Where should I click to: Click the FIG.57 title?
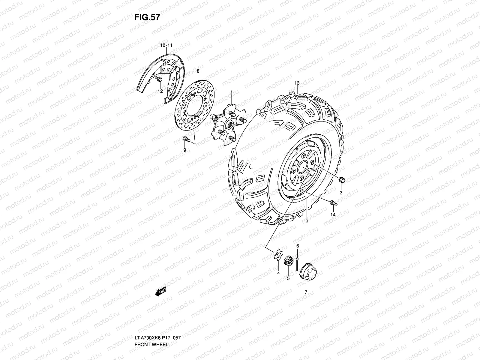[147, 17]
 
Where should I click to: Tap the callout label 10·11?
[166, 46]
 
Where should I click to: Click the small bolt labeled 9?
[185, 139]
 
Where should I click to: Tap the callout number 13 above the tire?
[297, 83]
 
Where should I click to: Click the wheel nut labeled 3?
[341, 180]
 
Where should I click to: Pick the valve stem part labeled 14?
[333, 203]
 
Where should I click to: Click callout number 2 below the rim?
[307, 221]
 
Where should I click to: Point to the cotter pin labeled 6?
[297, 263]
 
